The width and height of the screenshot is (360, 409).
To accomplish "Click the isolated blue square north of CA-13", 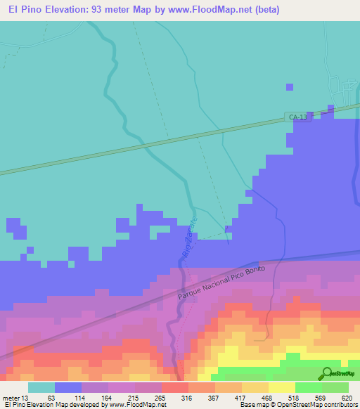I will pyautogui.click(x=290, y=86).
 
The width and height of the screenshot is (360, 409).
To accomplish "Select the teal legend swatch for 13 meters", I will pyautogui.click(x=41, y=387).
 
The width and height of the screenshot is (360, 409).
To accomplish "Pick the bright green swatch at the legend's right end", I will pyautogui.click(x=335, y=387).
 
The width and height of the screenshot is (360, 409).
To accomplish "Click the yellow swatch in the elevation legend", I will pyautogui.click(x=282, y=387).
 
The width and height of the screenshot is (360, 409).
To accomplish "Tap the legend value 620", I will pyautogui.click(x=345, y=397).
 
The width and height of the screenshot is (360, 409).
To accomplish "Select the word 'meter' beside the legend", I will pyautogui.click(x=12, y=397).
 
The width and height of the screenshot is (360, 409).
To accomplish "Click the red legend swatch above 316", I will pyautogui.click(x=174, y=387).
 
